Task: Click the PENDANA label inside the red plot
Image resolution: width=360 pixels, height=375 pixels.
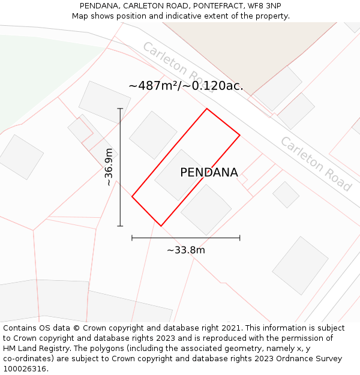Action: (209, 173)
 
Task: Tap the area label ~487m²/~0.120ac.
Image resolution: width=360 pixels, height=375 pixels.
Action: (186, 86)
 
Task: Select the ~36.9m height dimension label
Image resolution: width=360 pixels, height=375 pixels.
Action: (109, 167)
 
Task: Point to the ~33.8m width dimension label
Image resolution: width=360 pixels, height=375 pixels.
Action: (186, 250)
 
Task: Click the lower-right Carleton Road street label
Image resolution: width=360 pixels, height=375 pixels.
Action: (316, 164)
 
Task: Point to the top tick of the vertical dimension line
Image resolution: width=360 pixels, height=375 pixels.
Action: (120, 109)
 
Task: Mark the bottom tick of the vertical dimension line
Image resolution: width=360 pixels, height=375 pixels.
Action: (120, 226)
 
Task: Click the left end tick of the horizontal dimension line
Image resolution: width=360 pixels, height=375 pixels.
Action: (132, 238)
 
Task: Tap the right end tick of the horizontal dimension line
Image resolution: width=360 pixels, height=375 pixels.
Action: (240, 238)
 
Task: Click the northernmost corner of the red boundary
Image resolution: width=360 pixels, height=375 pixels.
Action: (207, 109)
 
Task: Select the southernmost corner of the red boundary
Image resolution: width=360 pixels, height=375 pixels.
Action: (161, 226)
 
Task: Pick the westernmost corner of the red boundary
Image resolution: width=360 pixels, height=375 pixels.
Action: (132, 196)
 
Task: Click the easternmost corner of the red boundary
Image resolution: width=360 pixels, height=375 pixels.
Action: (240, 135)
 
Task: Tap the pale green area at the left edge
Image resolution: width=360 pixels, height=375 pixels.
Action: (36, 72)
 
